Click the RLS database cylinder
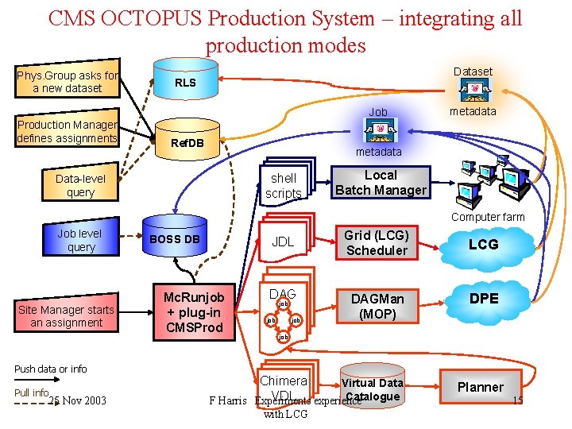(185, 82)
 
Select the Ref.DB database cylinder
(187, 141)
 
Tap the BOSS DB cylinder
(175, 238)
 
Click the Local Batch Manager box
(381, 183)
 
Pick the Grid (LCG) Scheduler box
(376, 243)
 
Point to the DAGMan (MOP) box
(377, 306)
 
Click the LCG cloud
(483, 244)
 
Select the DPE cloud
(483, 299)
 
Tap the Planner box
(480, 387)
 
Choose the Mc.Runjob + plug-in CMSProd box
(194, 311)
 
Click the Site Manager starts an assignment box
(67, 315)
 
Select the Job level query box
(80, 240)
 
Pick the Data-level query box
(80, 185)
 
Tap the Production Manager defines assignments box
(68, 131)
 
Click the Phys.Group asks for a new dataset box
(68, 81)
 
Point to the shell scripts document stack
(284, 185)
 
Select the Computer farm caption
(488, 217)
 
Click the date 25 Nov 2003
(77, 400)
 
